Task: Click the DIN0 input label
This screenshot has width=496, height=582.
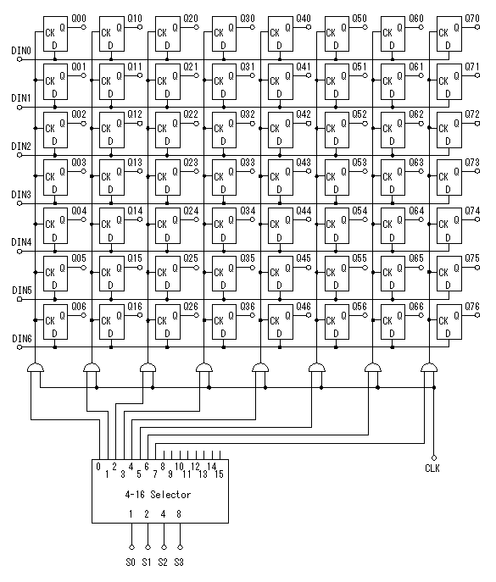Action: [21, 51]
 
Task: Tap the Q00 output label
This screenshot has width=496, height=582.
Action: [79, 18]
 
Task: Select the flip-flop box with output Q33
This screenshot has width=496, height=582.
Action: [224, 177]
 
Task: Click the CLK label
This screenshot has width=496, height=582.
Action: [432, 468]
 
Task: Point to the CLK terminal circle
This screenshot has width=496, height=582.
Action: [434, 458]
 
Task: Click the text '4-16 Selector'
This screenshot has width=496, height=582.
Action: [158, 495]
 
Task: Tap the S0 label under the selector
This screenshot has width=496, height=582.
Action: [131, 563]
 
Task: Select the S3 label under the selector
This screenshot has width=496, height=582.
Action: [179, 563]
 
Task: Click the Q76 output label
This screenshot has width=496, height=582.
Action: [472, 306]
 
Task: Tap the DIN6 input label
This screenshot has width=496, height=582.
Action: [21, 339]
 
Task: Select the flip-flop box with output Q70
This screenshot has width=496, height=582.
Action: [449, 34]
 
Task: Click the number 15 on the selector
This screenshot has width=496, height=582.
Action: [220, 474]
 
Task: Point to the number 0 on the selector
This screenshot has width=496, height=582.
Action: [98, 467]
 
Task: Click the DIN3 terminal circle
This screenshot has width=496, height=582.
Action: [20, 203]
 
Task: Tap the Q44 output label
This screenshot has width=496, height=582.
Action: [304, 210]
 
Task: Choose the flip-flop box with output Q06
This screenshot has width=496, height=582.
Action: [55, 322]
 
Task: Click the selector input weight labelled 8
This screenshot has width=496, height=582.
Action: [179, 514]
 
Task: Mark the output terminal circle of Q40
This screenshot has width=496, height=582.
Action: [309, 27]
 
